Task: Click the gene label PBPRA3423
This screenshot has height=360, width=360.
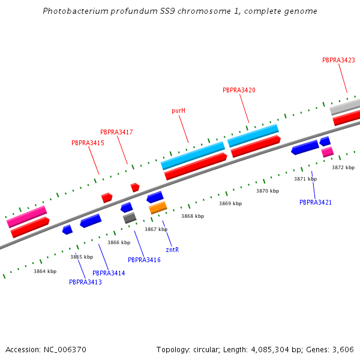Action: coord(338,60)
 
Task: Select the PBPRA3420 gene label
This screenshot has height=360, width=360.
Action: coord(239,90)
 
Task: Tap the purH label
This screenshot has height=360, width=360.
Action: coord(178,110)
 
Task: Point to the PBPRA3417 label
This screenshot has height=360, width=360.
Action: coord(116,132)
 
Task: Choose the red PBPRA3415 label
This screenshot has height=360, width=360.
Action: coord(88,143)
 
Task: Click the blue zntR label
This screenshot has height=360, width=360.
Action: coord(172,250)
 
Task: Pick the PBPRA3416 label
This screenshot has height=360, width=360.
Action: coord(144,260)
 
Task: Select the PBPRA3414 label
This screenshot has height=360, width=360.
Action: coord(109,273)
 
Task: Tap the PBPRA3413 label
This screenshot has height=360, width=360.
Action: coord(85,282)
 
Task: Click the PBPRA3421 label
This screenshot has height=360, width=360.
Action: coord(316,202)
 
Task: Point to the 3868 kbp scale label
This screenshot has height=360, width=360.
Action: coord(193,216)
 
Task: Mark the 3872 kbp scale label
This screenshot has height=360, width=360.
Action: coord(343,167)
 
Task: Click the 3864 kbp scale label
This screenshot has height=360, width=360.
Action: coord(45,271)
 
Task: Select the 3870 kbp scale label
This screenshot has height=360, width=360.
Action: coord(268,191)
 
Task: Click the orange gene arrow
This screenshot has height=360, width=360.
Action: coord(158,208)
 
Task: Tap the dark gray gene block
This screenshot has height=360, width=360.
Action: coord(130,218)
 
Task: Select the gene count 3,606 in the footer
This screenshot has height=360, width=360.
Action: coord(343,349)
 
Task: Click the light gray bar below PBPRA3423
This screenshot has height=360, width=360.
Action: coord(345,107)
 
